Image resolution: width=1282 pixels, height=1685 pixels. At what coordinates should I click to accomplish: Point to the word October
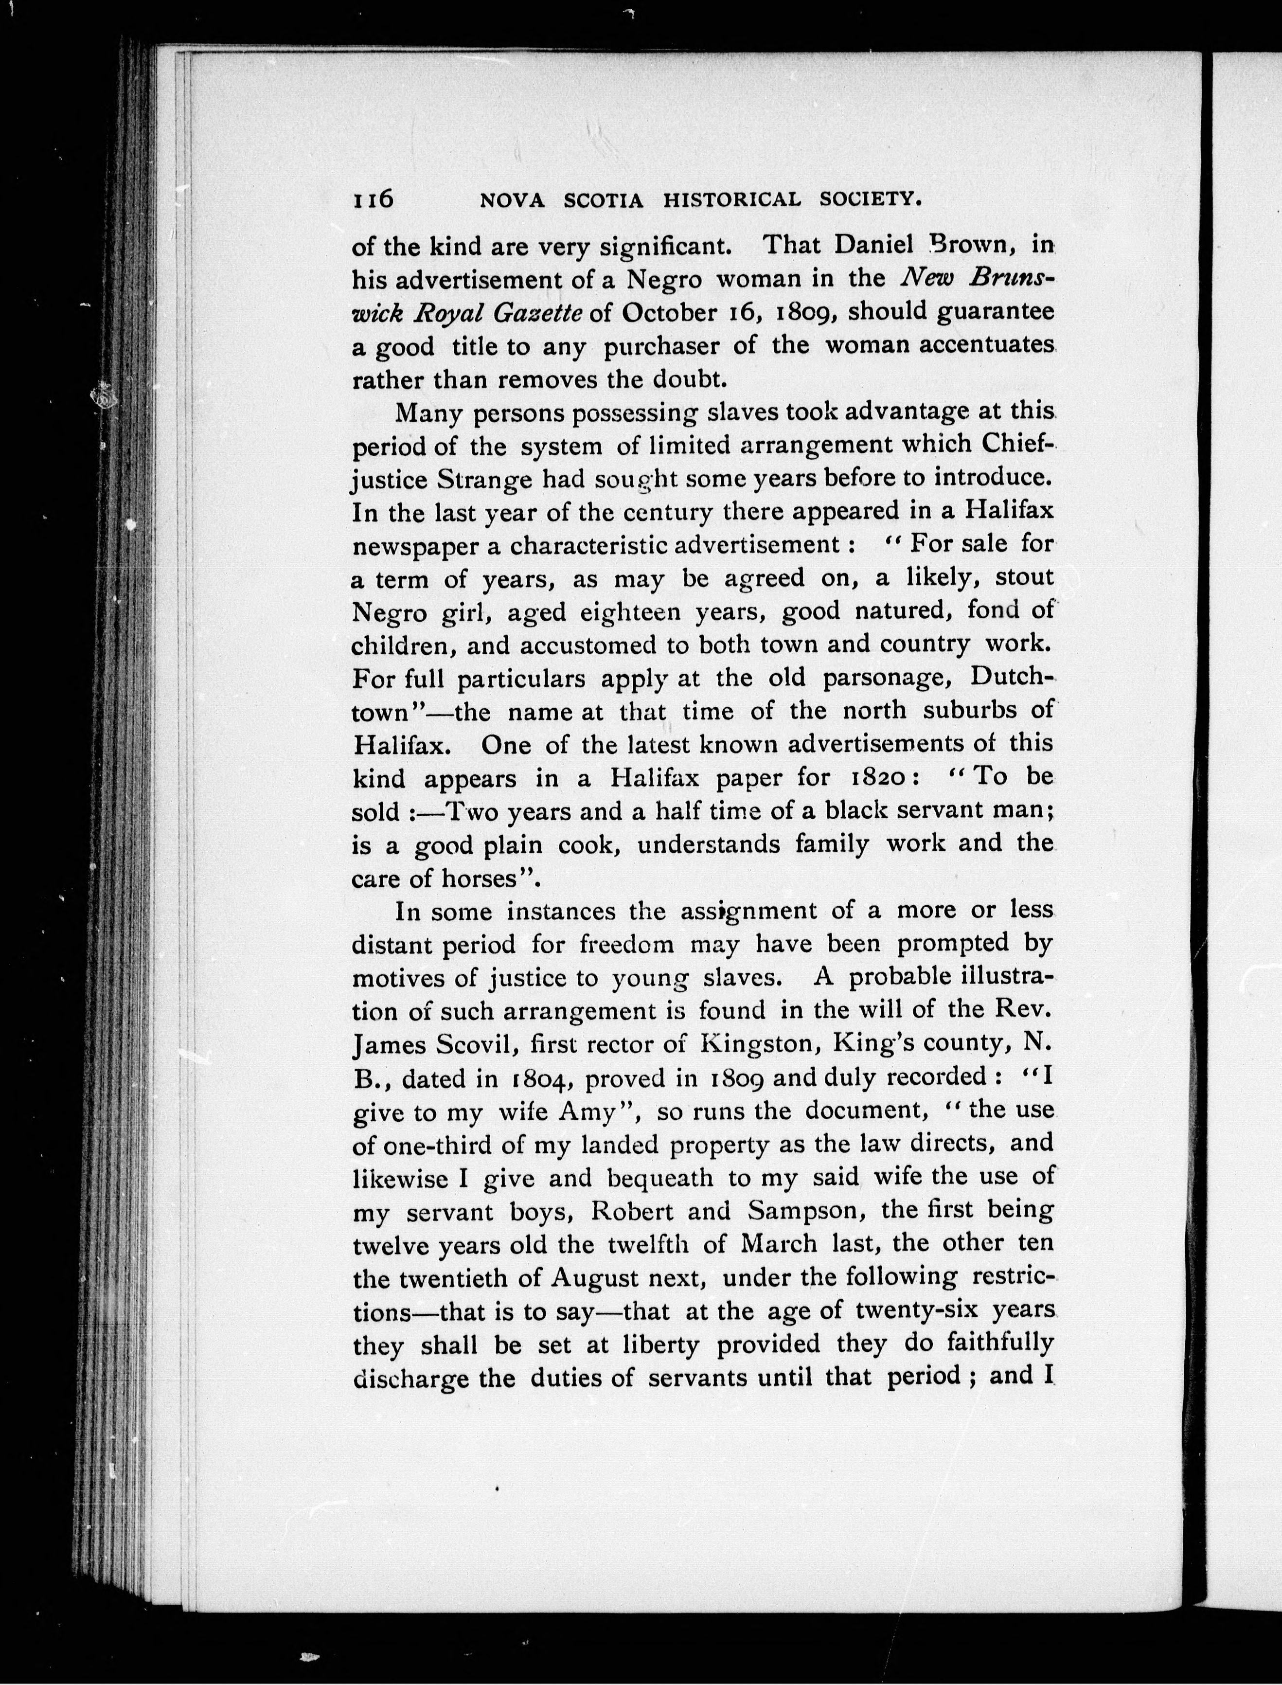click(x=671, y=313)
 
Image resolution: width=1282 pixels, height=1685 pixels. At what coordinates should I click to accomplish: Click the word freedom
click(x=626, y=945)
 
